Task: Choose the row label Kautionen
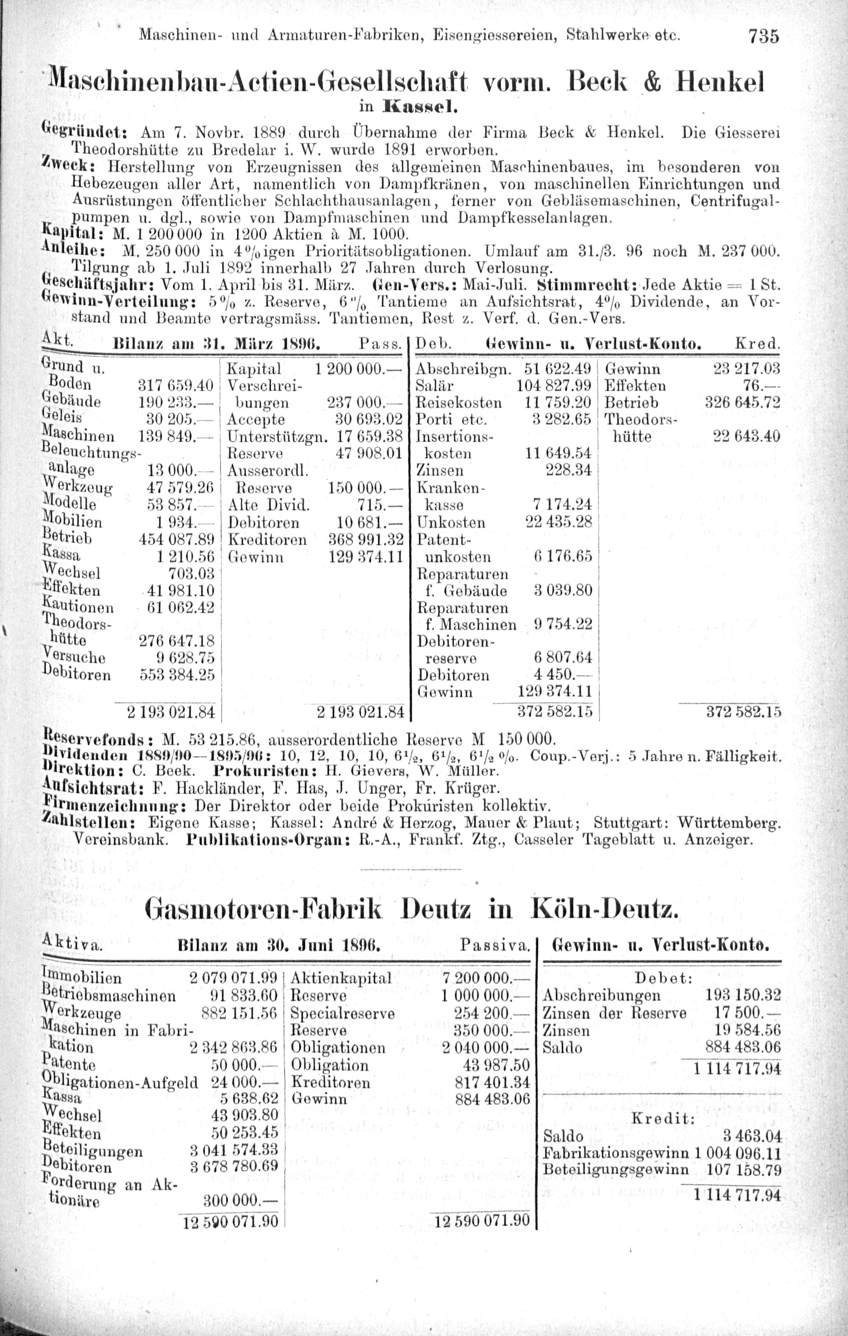[x=78, y=607]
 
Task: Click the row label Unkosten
[x=450, y=523]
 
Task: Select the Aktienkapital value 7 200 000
[x=486, y=977]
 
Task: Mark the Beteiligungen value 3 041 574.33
[x=233, y=1150]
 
